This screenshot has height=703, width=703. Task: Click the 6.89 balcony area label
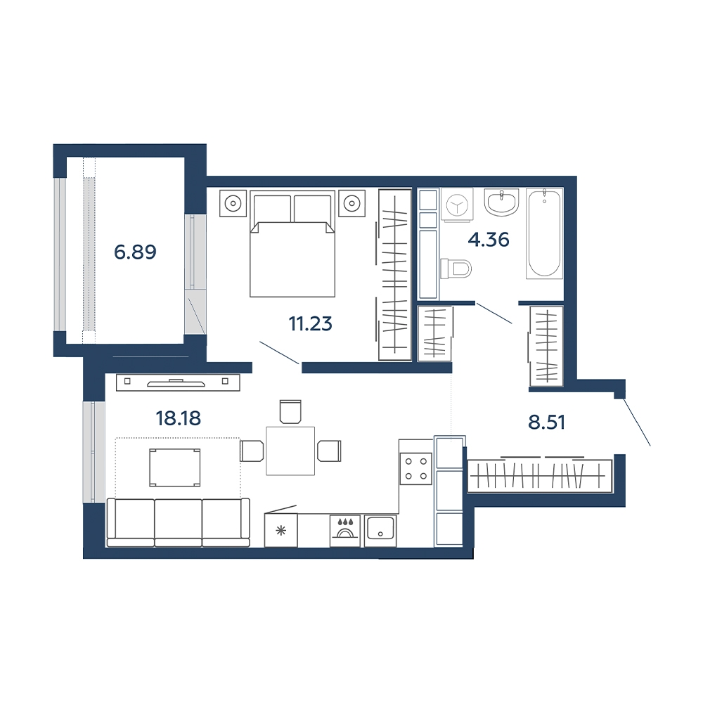click(x=135, y=252)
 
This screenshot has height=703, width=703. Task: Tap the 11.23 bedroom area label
click(x=310, y=323)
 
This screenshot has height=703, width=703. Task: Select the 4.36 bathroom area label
click(x=489, y=240)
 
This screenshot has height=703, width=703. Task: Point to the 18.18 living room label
click(x=179, y=418)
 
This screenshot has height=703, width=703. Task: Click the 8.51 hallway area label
click(x=546, y=423)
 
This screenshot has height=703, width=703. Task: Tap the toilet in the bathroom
click(x=456, y=269)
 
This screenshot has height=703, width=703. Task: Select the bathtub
click(x=544, y=233)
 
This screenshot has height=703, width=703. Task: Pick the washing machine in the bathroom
click(x=458, y=205)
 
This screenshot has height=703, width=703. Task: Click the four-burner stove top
click(x=415, y=469)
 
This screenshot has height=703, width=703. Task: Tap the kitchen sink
click(x=380, y=530)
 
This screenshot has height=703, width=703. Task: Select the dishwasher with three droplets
click(x=345, y=530)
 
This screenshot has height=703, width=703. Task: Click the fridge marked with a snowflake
click(x=281, y=530)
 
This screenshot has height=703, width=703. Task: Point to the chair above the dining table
click(x=290, y=411)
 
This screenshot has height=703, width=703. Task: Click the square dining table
click(x=290, y=451)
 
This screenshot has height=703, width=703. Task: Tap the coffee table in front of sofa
click(x=175, y=467)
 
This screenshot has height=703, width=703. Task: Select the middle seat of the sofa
click(x=178, y=523)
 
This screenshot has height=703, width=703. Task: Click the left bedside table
click(x=233, y=204)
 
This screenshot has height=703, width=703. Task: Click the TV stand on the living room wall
click(x=178, y=382)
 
